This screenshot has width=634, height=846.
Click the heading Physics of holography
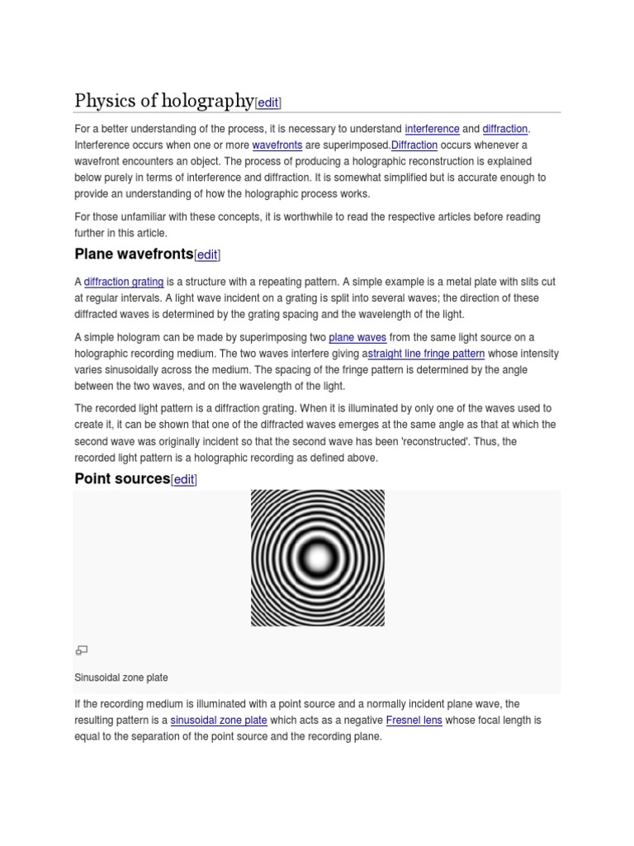[x=163, y=101]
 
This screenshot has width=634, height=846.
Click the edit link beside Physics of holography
[x=268, y=102]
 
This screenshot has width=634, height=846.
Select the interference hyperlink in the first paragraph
[x=432, y=129]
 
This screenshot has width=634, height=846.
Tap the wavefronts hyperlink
[x=277, y=145]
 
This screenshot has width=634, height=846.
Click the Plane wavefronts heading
[x=134, y=253]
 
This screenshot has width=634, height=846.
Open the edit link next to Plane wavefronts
[x=207, y=254]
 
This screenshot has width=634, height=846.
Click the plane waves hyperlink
[x=357, y=337]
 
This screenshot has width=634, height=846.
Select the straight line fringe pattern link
[x=426, y=354]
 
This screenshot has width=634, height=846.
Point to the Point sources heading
[x=122, y=478]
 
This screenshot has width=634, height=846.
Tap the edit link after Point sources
[x=184, y=480]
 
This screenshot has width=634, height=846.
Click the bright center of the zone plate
[x=318, y=558]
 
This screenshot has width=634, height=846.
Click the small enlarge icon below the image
[x=81, y=650]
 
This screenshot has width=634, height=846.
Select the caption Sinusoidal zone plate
[x=121, y=677]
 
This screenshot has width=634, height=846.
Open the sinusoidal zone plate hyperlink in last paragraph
[x=219, y=720]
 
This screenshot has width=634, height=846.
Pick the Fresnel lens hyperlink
[x=414, y=720]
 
